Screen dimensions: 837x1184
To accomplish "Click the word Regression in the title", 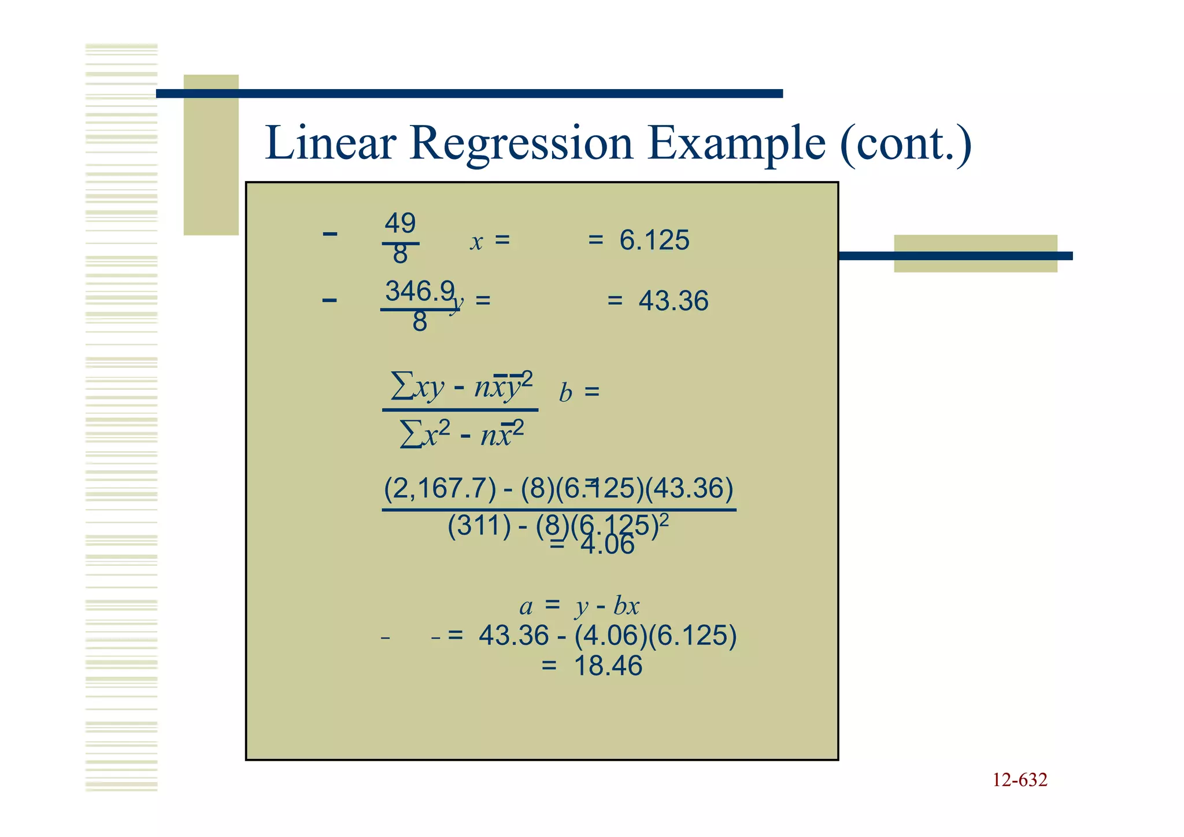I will [521, 145].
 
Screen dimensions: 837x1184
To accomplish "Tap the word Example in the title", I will [737, 145].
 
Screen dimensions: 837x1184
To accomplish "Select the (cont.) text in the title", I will [906, 145].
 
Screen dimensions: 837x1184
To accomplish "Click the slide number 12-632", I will [1020, 780].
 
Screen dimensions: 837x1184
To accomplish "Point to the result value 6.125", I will [654, 240].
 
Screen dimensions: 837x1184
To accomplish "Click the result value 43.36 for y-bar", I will [674, 301].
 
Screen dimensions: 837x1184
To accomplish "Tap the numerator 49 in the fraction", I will [400, 223].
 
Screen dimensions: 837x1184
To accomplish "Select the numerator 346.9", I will [420, 291].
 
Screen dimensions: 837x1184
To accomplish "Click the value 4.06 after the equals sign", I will [608, 545].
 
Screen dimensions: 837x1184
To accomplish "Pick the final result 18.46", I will [608, 666].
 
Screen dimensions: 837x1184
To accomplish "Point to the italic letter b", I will [565, 393].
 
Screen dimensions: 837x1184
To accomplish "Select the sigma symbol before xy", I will [402, 386].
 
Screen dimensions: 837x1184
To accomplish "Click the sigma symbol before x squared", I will [410, 434].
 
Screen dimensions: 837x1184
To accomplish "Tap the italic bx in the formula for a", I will [626, 606].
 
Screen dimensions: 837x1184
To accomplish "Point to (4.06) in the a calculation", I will [610, 636].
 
